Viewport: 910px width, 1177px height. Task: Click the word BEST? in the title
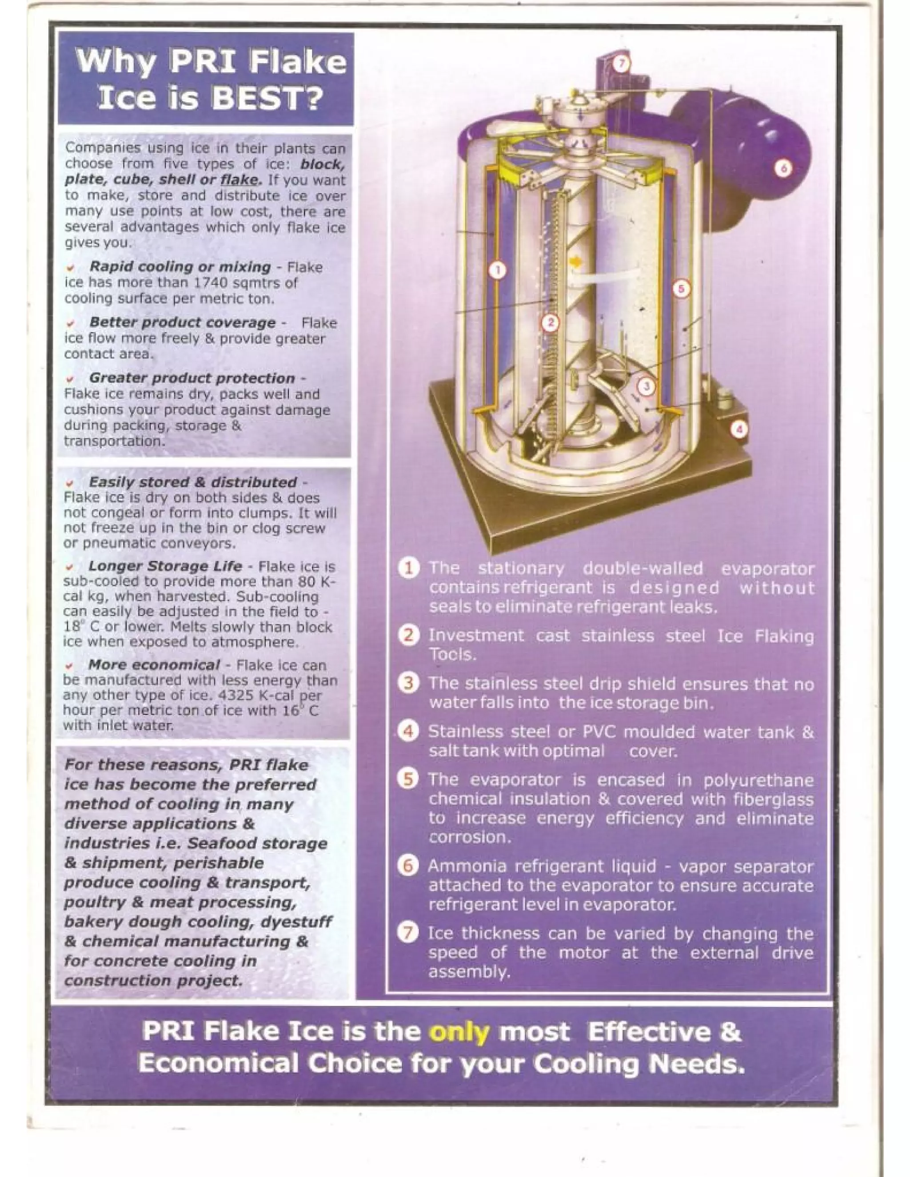point(267,98)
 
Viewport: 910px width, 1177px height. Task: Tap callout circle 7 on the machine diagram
point(621,64)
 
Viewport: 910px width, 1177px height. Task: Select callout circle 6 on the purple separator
point(783,169)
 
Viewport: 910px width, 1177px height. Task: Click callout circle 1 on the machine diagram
point(498,270)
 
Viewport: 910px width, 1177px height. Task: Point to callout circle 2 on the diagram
point(551,323)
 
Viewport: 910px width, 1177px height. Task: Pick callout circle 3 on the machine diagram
point(647,386)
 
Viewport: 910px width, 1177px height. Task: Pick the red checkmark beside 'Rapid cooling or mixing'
point(71,267)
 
